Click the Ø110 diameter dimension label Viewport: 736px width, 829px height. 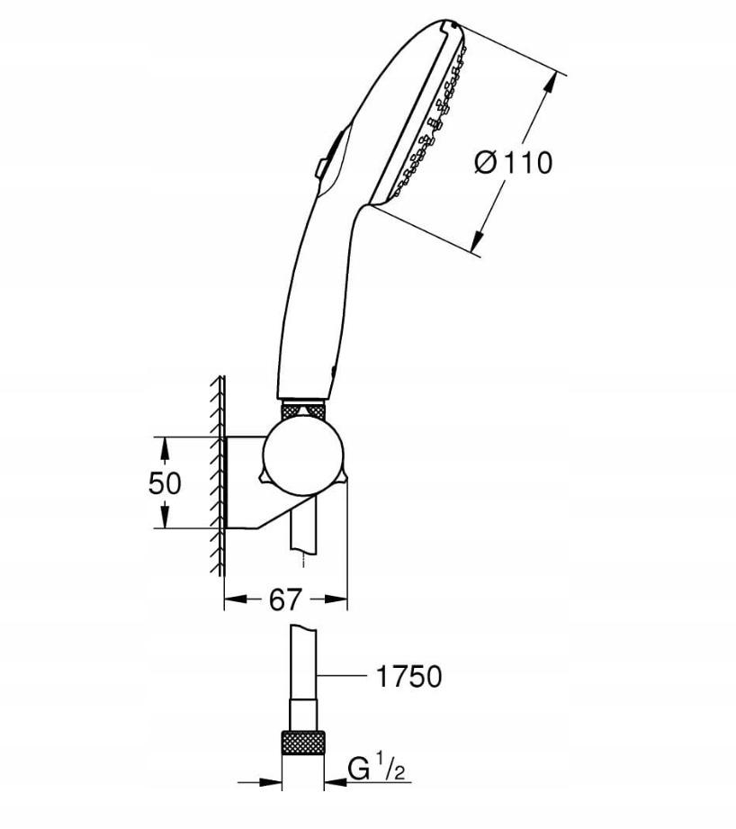513,163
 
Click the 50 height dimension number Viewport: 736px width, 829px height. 165,482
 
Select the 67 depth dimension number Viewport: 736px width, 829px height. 285,599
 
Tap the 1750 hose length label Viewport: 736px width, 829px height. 409,676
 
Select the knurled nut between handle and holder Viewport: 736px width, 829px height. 305,410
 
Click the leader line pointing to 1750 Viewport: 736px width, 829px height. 346,675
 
